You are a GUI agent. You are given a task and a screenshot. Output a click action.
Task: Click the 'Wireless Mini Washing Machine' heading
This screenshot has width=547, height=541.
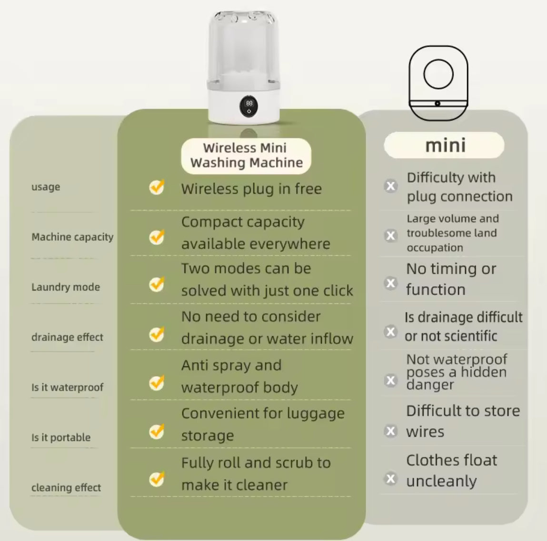pyautogui.click(x=246, y=156)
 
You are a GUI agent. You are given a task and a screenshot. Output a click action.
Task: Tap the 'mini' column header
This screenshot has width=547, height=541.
pyautogui.click(x=445, y=145)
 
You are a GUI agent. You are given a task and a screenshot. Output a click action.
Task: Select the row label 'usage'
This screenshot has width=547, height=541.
pyautogui.click(x=46, y=187)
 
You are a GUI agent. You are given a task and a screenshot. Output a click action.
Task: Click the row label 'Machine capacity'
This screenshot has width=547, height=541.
pyautogui.click(x=72, y=237)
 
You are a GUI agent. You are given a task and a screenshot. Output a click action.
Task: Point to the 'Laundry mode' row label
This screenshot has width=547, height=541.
pyautogui.click(x=66, y=287)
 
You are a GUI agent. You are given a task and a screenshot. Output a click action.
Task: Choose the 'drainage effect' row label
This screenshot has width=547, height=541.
pyautogui.click(x=67, y=337)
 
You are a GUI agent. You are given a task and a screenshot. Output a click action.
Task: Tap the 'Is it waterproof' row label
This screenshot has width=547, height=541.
pyautogui.click(x=67, y=387)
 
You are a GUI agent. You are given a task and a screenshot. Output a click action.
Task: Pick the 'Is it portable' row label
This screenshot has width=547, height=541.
pyautogui.click(x=61, y=438)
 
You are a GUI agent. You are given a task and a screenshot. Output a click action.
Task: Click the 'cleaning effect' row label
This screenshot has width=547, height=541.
pyautogui.click(x=66, y=488)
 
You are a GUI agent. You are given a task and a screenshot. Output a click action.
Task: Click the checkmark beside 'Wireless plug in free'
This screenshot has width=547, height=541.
pyautogui.click(x=157, y=187)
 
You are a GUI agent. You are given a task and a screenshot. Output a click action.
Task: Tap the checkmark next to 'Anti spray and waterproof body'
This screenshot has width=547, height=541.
pyautogui.click(x=157, y=382)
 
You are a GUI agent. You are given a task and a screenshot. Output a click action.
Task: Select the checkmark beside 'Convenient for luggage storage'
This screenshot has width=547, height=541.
pyautogui.click(x=157, y=431)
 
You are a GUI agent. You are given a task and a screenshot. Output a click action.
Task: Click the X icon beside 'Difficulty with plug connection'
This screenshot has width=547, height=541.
pyautogui.click(x=391, y=186)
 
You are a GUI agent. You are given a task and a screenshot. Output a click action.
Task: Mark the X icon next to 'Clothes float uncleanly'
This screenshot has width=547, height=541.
pyautogui.click(x=391, y=478)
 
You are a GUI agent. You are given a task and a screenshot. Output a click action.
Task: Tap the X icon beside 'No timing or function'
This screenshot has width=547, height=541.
pyautogui.click(x=391, y=283)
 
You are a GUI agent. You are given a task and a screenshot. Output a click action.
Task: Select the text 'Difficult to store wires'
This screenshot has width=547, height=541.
pyautogui.click(x=462, y=421)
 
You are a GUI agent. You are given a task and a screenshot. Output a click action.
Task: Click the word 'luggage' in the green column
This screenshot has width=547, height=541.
pyautogui.click(x=311, y=413)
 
